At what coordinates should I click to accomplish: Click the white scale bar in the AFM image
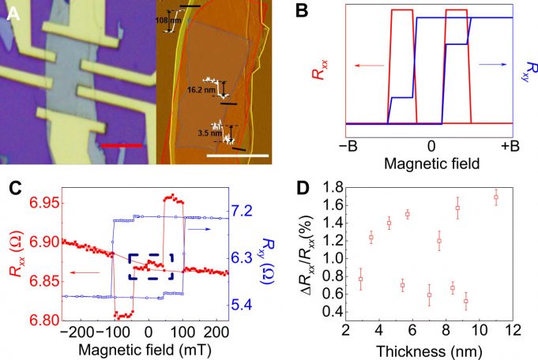click(x=233, y=155)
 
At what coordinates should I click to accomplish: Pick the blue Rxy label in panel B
click(x=524, y=75)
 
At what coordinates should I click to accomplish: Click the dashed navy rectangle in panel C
click(x=150, y=267)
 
